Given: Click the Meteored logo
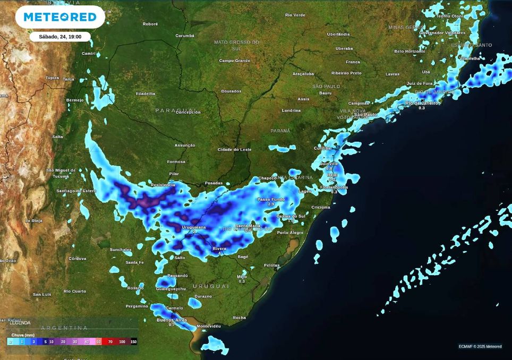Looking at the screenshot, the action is [60, 17].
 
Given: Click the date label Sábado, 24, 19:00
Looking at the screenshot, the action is [59, 37].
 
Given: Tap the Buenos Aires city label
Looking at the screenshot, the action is [172, 320].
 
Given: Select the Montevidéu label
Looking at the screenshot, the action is [208, 325].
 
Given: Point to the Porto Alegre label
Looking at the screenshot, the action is [290, 233].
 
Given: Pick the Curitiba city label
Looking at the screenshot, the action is [322, 148].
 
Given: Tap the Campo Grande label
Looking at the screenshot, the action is [234, 61].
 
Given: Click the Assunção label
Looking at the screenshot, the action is [185, 145].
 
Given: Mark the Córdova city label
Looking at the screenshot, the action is [77, 259].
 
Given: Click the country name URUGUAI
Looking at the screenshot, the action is [215, 286].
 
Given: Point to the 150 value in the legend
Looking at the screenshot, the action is [133, 342].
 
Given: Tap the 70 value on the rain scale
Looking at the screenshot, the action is [110, 342].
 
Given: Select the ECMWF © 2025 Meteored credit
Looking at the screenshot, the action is [480, 347].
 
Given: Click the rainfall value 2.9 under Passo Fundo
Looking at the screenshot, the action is [271, 204].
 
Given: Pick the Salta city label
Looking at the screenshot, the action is [57, 137].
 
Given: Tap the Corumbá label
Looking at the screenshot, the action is [185, 36].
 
